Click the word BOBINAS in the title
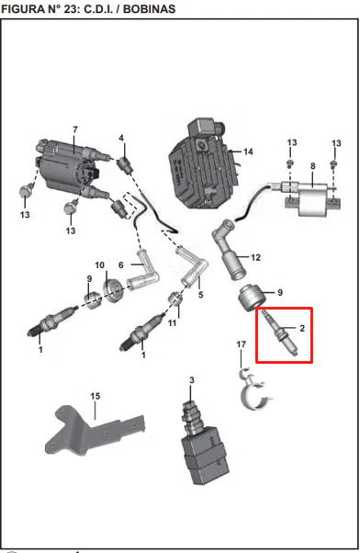pos(149,9)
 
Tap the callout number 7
pos(75,130)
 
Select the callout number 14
pos(248,152)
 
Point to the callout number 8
pos(313,165)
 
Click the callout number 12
pos(255,257)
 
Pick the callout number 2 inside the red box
pos(302,328)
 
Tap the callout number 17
pos(242,344)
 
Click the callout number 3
pos(191,380)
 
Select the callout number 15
pos(96,396)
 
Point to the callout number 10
pos(100,265)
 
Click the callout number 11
pos(172,322)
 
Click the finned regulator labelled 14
pos(204,165)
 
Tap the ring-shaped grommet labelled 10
pos(114,290)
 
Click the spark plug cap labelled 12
pos(230,249)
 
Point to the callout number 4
pos(121,138)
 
